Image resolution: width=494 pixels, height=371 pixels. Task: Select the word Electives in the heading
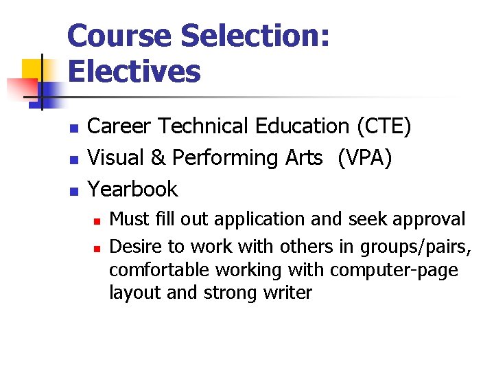point(134,71)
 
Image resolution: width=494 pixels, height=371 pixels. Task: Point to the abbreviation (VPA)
point(364,158)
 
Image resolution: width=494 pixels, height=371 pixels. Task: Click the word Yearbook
point(133,190)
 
